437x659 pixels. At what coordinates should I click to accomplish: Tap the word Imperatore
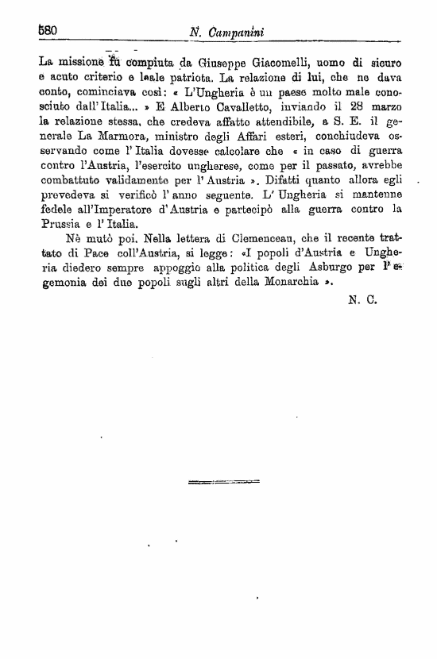(x=112, y=214)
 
